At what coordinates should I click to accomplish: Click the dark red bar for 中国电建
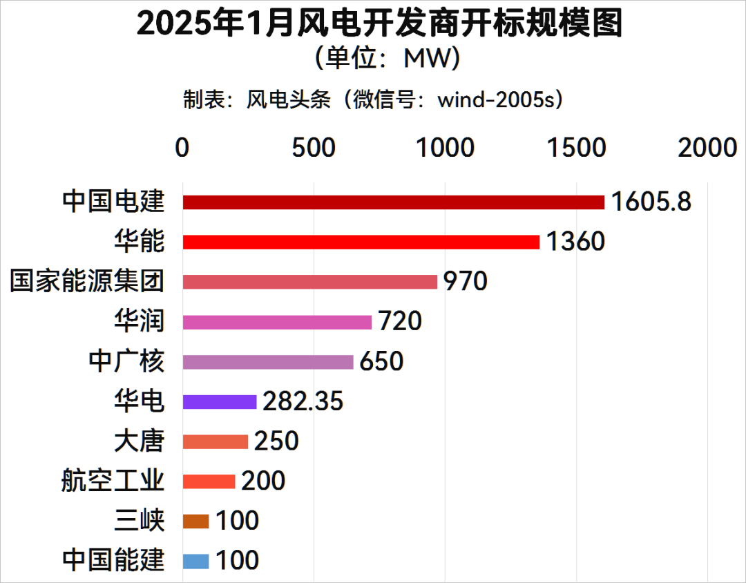[x=393, y=202]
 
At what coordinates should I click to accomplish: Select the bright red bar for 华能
[x=361, y=242]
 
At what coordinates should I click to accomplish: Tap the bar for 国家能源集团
[x=309, y=282]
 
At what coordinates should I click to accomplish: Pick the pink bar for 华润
[x=277, y=322]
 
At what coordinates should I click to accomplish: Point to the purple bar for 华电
[x=220, y=401]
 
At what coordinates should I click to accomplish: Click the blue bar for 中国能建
[x=195, y=561]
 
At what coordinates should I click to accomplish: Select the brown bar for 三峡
[x=195, y=521]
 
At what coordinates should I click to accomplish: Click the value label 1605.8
[x=651, y=202]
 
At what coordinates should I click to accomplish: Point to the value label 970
[x=465, y=282]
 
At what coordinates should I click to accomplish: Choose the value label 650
[x=381, y=361]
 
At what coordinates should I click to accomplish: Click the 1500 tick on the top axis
[x=576, y=148]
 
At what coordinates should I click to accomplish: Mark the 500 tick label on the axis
[x=314, y=148]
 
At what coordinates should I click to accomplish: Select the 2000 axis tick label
[x=707, y=148]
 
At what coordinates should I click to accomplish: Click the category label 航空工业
[x=113, y=481]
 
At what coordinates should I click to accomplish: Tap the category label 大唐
[x=139, y=441]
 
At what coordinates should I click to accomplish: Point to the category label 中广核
[x=126, y=361]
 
